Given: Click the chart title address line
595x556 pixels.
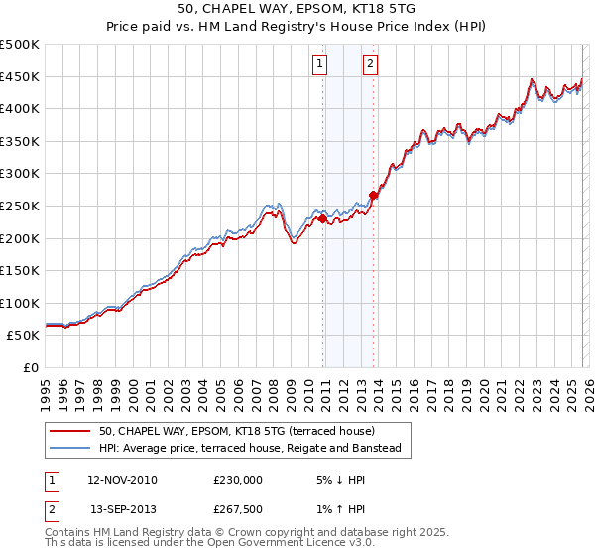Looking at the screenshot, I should point(297,9).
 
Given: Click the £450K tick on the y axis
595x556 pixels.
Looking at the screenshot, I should point(20,76).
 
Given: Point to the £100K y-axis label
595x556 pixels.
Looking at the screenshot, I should point(20,303).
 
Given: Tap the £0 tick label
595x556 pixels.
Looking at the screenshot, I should point(32,367).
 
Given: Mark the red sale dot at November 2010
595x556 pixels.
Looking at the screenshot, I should point(322,218).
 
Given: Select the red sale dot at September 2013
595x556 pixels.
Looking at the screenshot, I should point(373,195).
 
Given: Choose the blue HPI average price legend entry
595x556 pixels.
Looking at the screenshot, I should point(249,449).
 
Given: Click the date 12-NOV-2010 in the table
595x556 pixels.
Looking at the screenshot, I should point(123,480).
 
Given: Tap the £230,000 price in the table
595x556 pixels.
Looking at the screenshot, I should point(238,480).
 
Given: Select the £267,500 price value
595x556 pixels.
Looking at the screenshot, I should point(238,509).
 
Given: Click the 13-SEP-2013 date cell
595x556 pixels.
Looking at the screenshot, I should point(123,509).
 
